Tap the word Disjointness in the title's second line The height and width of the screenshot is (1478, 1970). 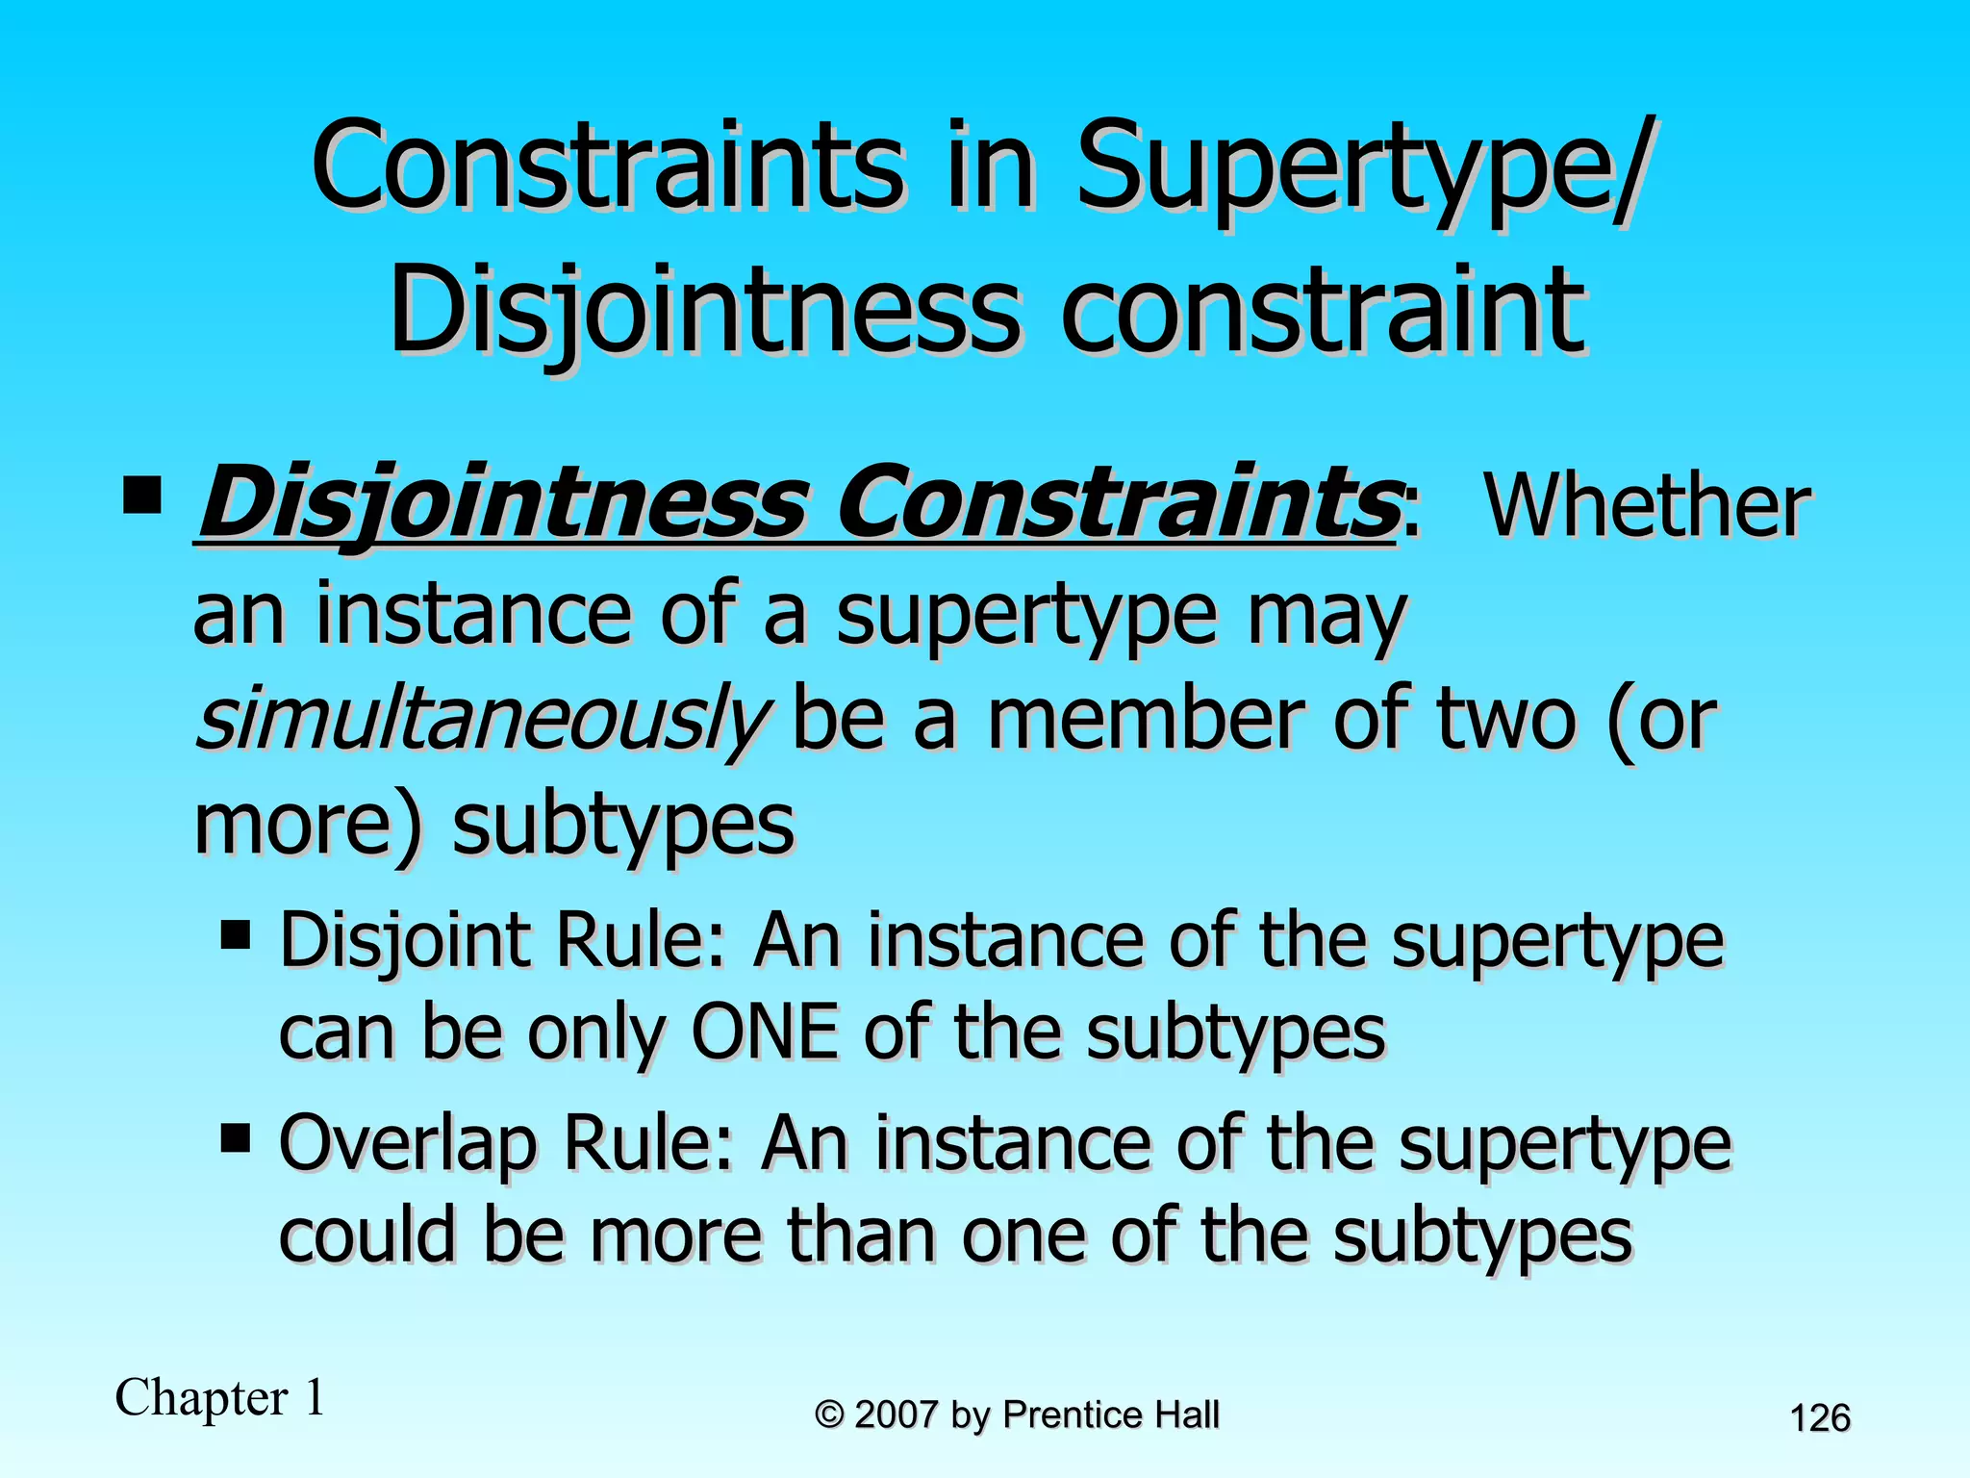702,312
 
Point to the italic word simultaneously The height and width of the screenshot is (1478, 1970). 481,720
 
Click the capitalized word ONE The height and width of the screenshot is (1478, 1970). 765,1033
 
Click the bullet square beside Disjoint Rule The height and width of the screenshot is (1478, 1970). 235,934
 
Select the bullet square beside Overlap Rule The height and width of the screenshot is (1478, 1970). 235,1138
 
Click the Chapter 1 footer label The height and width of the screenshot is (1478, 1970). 220,1397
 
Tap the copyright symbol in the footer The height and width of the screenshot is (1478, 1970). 829,1415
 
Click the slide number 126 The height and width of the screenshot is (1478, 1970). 1820,1418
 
